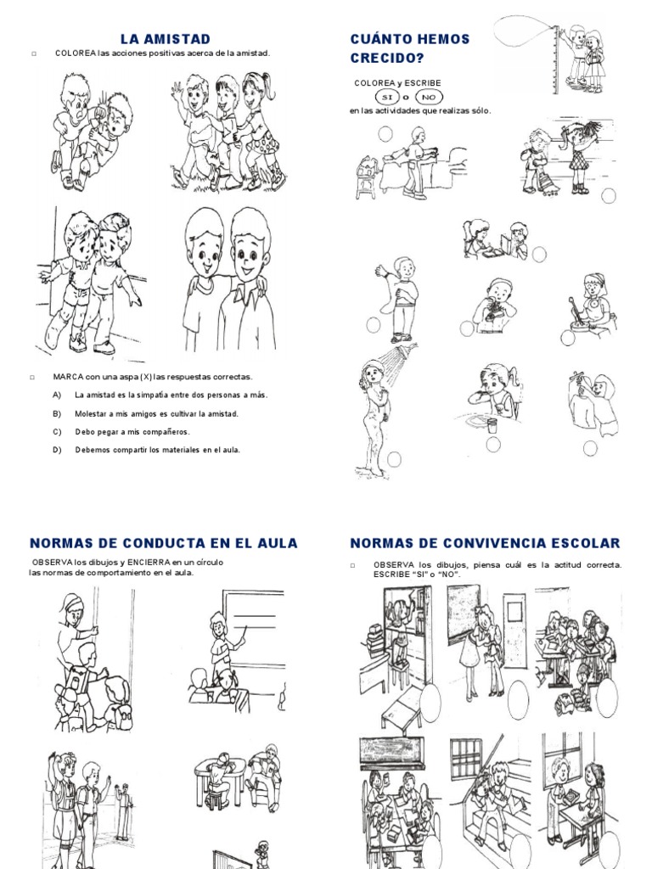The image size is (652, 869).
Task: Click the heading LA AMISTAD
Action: pyautogui.click(x=165, y=39)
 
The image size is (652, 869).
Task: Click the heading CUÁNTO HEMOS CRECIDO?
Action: pyautogui.click(x=409, y=48)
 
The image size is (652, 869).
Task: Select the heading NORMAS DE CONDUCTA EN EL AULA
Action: pyautogui.click(x=164, y=543)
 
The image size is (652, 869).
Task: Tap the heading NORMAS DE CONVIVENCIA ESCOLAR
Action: pyautogui.click(x=485, y=543)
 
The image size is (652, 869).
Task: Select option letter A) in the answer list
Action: pyautogui.click(x=57, y=395)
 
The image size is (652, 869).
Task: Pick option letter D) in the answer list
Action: pyautogui.click(x=57, y=450)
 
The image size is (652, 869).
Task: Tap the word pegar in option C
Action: pyautogui.click(x=113, y=432)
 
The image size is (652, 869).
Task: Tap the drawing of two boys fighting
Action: pyautogui.click(x=91, y=132)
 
